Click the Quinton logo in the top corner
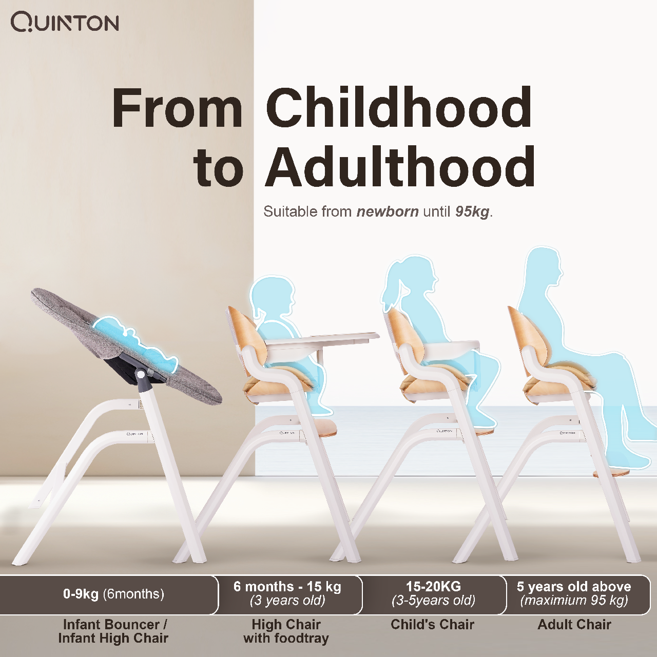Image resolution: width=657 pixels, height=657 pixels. coord(65,23)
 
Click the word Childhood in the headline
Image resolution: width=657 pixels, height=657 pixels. coord(399,107)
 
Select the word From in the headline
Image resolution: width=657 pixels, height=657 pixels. coord(177,108)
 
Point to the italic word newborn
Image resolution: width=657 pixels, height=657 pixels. coord(388,211)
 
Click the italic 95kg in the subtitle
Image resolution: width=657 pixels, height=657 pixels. coord(472,212)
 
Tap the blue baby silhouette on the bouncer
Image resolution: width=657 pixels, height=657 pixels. coord(135,344)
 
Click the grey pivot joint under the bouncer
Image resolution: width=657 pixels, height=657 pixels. coord(140,375)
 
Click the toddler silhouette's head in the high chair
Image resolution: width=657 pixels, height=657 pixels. coord(272,296)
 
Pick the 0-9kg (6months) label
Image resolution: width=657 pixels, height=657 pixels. coord(113,594)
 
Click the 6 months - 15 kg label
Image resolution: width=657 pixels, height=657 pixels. coord(287,587)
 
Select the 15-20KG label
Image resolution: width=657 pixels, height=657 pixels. coord(433,587)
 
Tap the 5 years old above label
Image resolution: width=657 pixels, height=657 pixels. coord(574,587)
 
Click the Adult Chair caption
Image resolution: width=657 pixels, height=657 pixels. coord(574,624)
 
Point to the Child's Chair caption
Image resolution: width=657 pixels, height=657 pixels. coord(432,624)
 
